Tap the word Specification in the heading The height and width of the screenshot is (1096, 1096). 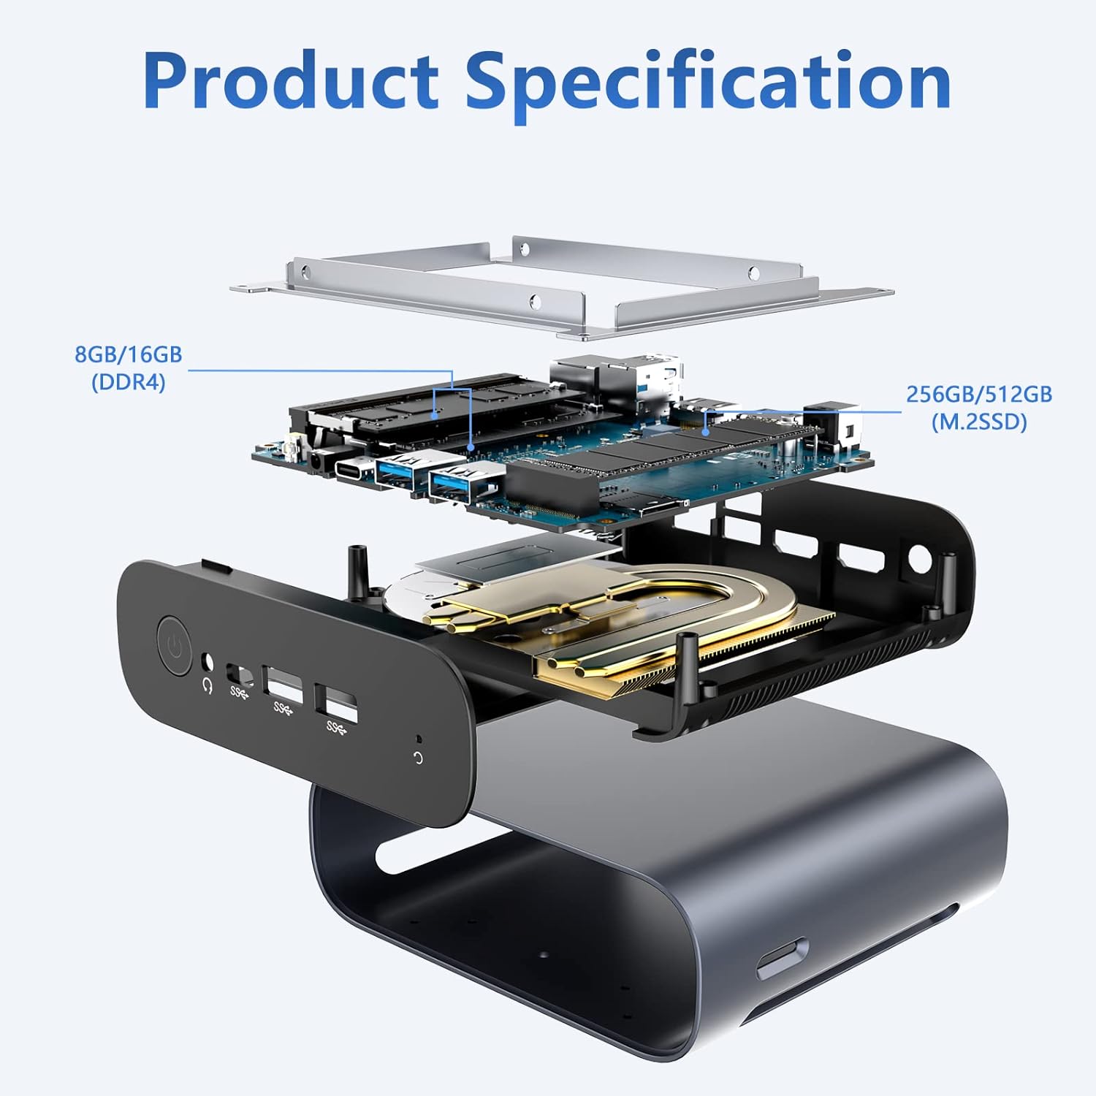pos(709,86)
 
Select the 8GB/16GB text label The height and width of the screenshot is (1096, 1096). pos(129,354)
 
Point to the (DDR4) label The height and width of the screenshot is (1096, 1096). pos(129,381)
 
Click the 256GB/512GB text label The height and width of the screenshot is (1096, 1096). pos(979,395)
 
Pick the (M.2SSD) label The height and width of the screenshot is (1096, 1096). pos(979,422)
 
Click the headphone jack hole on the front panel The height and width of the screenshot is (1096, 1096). pos(208,661)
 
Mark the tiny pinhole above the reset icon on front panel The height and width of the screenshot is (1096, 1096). pos(417,739)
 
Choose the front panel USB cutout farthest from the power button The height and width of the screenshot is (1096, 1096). pos(337,702)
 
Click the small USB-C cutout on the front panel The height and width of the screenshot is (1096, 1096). pos(241,673)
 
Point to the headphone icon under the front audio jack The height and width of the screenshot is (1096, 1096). pos(207,686)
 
